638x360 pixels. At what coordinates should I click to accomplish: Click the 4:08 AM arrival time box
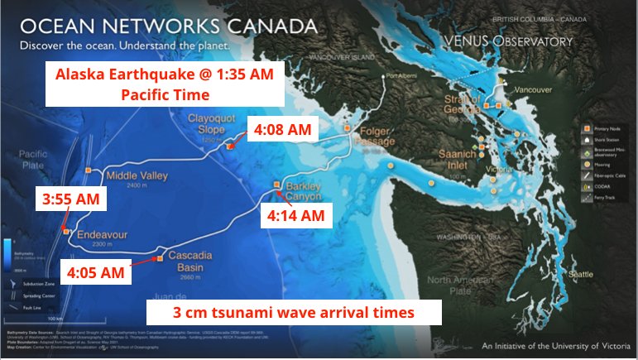point(282,130)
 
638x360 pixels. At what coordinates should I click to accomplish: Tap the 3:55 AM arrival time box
point(70,199)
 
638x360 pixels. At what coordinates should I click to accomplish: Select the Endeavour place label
point(100,234)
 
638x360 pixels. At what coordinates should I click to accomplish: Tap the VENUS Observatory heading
point(520,40)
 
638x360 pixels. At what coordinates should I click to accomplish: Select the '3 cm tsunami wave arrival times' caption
point(294,313)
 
